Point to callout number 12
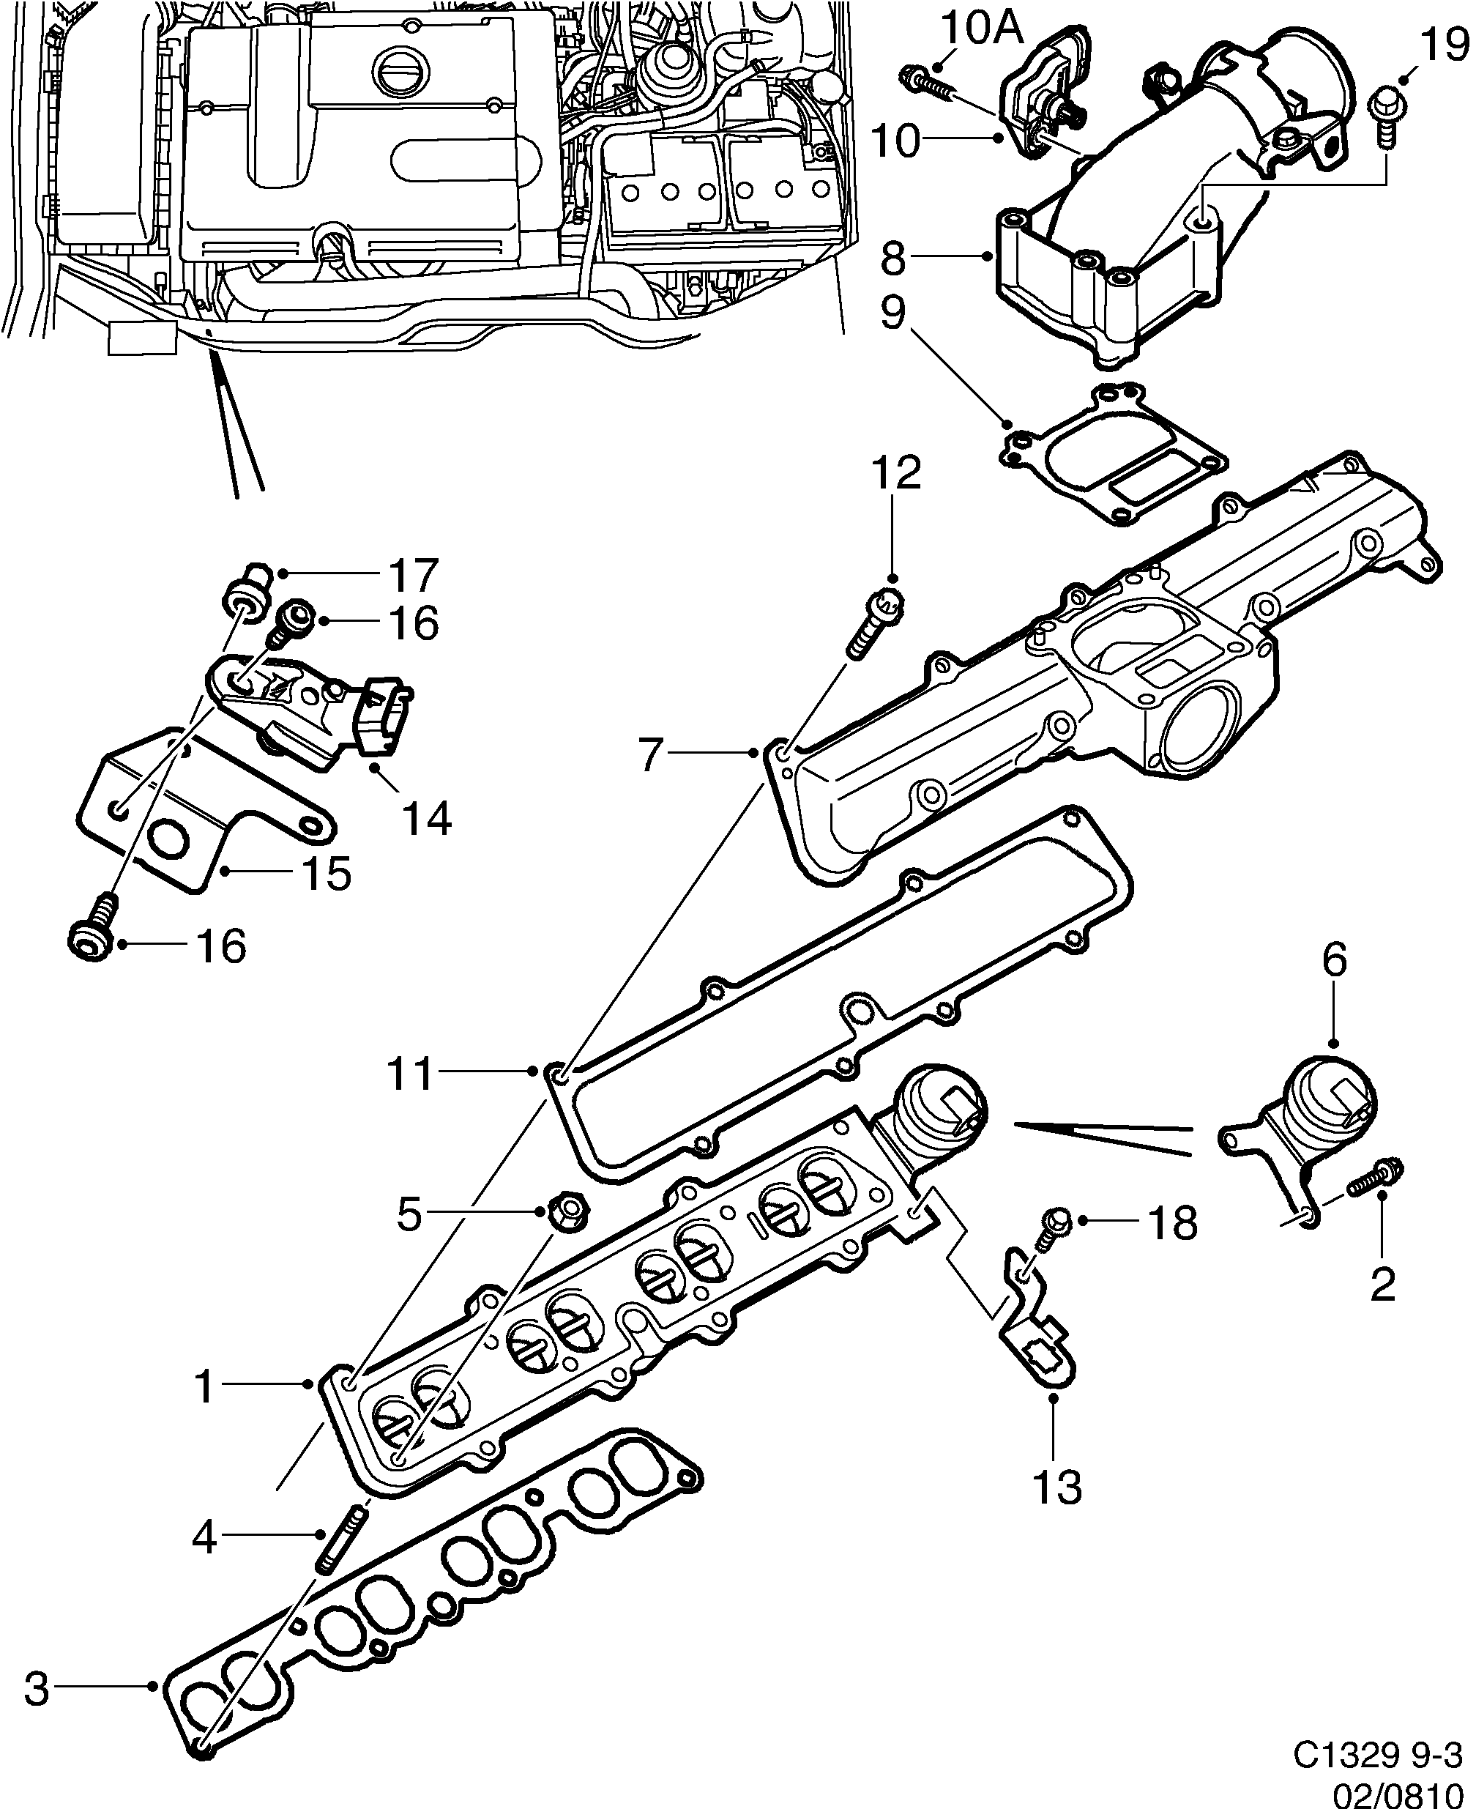(895, 474)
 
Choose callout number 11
(411, 1074)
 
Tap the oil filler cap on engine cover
(398, 65)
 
